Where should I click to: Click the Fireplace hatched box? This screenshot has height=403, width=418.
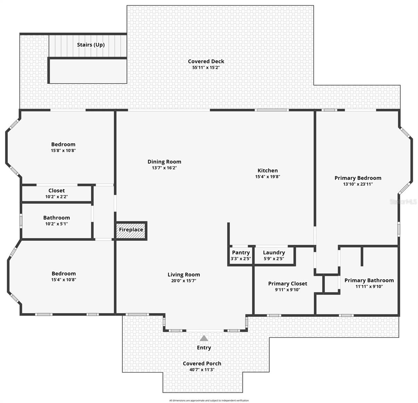tap(131, 230)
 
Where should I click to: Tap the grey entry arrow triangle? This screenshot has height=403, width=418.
tap(204, 338)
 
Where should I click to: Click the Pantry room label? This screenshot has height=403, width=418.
tap(241, 253)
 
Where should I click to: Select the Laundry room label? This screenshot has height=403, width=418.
tap(274, 253)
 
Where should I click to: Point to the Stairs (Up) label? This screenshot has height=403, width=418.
tap(91, 45)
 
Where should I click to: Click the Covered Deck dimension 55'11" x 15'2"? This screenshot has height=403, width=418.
tap(206, 68)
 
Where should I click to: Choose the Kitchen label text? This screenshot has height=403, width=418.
tap(267, 171)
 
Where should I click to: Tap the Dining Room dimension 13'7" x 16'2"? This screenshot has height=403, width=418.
tap(164, 168)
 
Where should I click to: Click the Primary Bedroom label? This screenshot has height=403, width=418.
tap(358, 178)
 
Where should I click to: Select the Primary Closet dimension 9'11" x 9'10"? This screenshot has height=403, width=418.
tap(288, 290)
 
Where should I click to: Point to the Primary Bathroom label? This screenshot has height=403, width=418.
tap(369, 280)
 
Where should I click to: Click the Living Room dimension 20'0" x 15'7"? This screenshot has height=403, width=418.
tap(184, 281)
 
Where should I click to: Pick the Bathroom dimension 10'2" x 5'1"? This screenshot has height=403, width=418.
tap(57, 224)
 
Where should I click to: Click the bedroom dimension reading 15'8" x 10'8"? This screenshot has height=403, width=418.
tap(63, 151)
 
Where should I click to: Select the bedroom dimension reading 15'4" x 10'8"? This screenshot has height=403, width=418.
tap(64, 280)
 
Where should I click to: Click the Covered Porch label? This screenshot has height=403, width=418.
tap(202, 363)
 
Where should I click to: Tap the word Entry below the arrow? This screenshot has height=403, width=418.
tap(204, 348)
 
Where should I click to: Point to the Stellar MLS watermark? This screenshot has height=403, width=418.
tap(403, 201)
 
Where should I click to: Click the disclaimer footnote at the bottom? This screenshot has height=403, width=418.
tap(209, 400)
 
